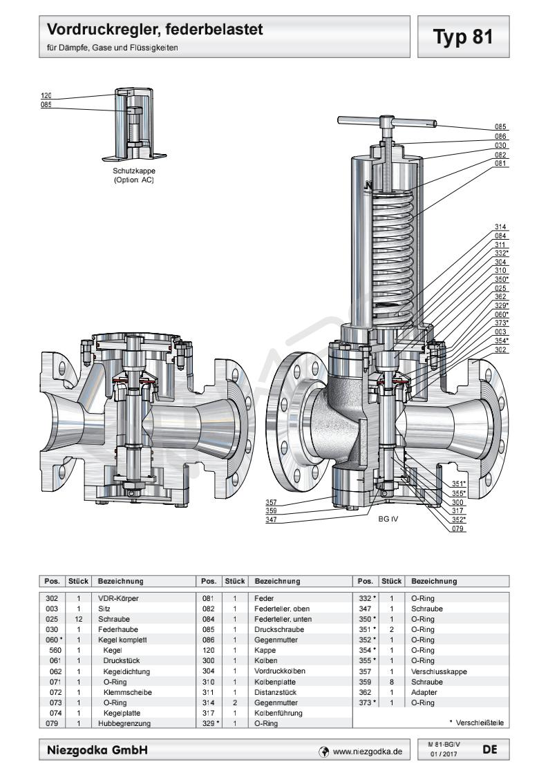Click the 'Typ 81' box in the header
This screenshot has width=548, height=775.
[x=463, y=37]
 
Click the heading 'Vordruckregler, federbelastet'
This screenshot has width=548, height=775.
[x=154, y=30]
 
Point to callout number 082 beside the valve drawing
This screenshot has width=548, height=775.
[x=501, y=155]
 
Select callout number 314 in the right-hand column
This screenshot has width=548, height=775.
[x=501, y=227]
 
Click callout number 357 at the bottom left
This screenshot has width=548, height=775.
[x=272, y=501]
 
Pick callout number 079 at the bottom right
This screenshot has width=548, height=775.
[x=458, y=529]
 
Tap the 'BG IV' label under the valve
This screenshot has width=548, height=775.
[x=389, y=518]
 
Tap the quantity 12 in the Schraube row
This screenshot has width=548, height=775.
[x=79, y=620]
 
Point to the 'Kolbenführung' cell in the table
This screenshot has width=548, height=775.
[x=278, y=713]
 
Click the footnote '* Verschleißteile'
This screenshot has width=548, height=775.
[x=476, y=723]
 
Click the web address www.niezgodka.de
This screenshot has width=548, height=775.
[x=367, y=750]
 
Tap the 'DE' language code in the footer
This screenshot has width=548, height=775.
[x=489, y=748]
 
